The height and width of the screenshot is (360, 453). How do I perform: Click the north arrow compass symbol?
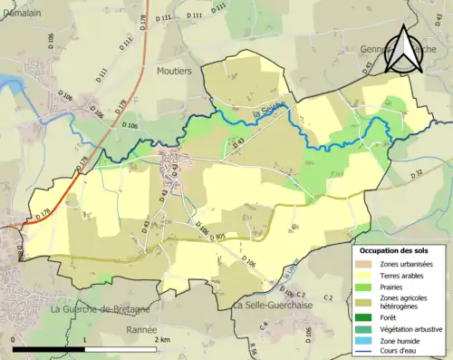[402, 49]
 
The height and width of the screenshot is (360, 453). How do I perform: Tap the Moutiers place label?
[175, 70]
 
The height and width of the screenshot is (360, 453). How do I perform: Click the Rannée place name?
[142, 330]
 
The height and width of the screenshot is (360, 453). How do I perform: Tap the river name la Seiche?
[269, 112]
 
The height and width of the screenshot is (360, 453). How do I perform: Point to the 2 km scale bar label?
[161, 339]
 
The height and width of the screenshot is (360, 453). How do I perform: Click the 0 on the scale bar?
[14, 339]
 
